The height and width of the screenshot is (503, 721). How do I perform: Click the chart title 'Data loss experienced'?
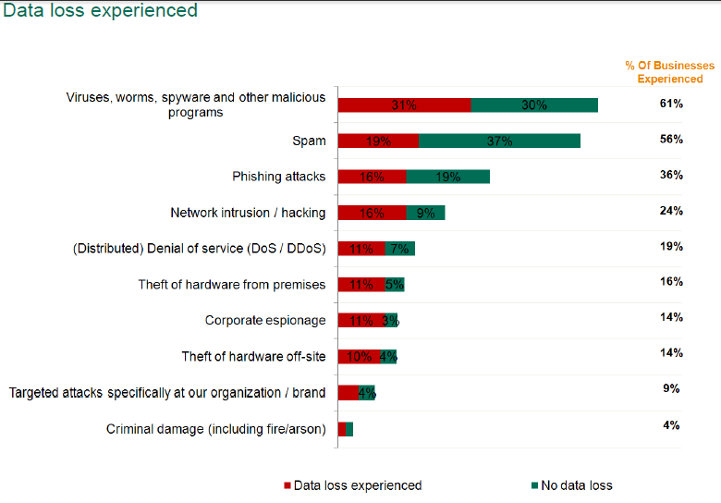100,11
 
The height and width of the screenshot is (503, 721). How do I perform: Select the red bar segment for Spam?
378,141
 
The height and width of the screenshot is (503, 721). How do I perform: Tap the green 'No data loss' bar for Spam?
499,141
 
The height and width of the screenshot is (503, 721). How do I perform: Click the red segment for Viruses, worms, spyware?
404,104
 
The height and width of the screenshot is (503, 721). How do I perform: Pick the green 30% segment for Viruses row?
534,104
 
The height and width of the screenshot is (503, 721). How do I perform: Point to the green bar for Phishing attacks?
447,177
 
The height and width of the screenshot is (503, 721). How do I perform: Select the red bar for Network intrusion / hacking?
372,213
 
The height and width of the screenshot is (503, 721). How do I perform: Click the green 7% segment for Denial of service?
399,249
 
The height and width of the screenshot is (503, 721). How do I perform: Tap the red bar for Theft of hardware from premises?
360,285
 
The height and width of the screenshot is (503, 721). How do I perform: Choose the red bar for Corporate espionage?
360,321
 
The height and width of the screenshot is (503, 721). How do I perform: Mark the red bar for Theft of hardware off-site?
359,357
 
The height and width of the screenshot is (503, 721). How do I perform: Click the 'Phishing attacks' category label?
279,177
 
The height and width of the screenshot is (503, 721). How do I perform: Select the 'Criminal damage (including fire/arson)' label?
216,429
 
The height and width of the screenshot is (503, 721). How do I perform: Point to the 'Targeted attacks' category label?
167,393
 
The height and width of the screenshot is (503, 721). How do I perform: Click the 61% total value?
671,104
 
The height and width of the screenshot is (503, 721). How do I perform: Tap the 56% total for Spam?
671,140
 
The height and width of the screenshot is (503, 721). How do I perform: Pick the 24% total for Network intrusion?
671,211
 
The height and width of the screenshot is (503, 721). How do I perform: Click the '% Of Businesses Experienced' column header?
669,72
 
